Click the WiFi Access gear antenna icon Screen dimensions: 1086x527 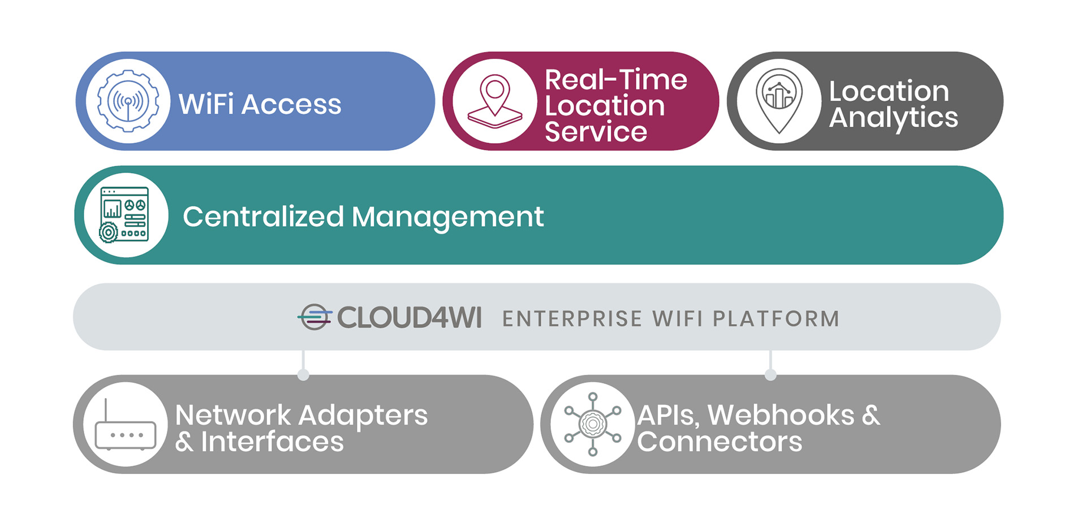[x=128, y=102]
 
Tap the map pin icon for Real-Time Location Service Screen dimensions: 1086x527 [x=495, y=102]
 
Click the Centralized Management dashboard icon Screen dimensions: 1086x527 [x=124, y=215]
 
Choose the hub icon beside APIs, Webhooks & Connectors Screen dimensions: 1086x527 [x=593, y=424]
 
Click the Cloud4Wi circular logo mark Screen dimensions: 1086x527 [x=314, y=317]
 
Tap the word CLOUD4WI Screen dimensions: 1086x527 [x=410, y=318]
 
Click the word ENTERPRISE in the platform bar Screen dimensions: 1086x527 [x=572, y=319]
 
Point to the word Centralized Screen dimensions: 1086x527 [x=264, y=217]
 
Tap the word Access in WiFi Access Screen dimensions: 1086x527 [x=291, y=105]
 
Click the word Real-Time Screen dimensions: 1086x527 [x=616, y=80]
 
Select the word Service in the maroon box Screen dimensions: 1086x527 [x=596, y=132]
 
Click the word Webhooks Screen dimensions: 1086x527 [x=781, y=416]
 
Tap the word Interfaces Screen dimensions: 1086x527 [x=272, y=442]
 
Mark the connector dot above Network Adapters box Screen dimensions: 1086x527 [x=303, y=374]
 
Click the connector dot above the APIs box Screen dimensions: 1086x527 [x=770, y=374]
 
